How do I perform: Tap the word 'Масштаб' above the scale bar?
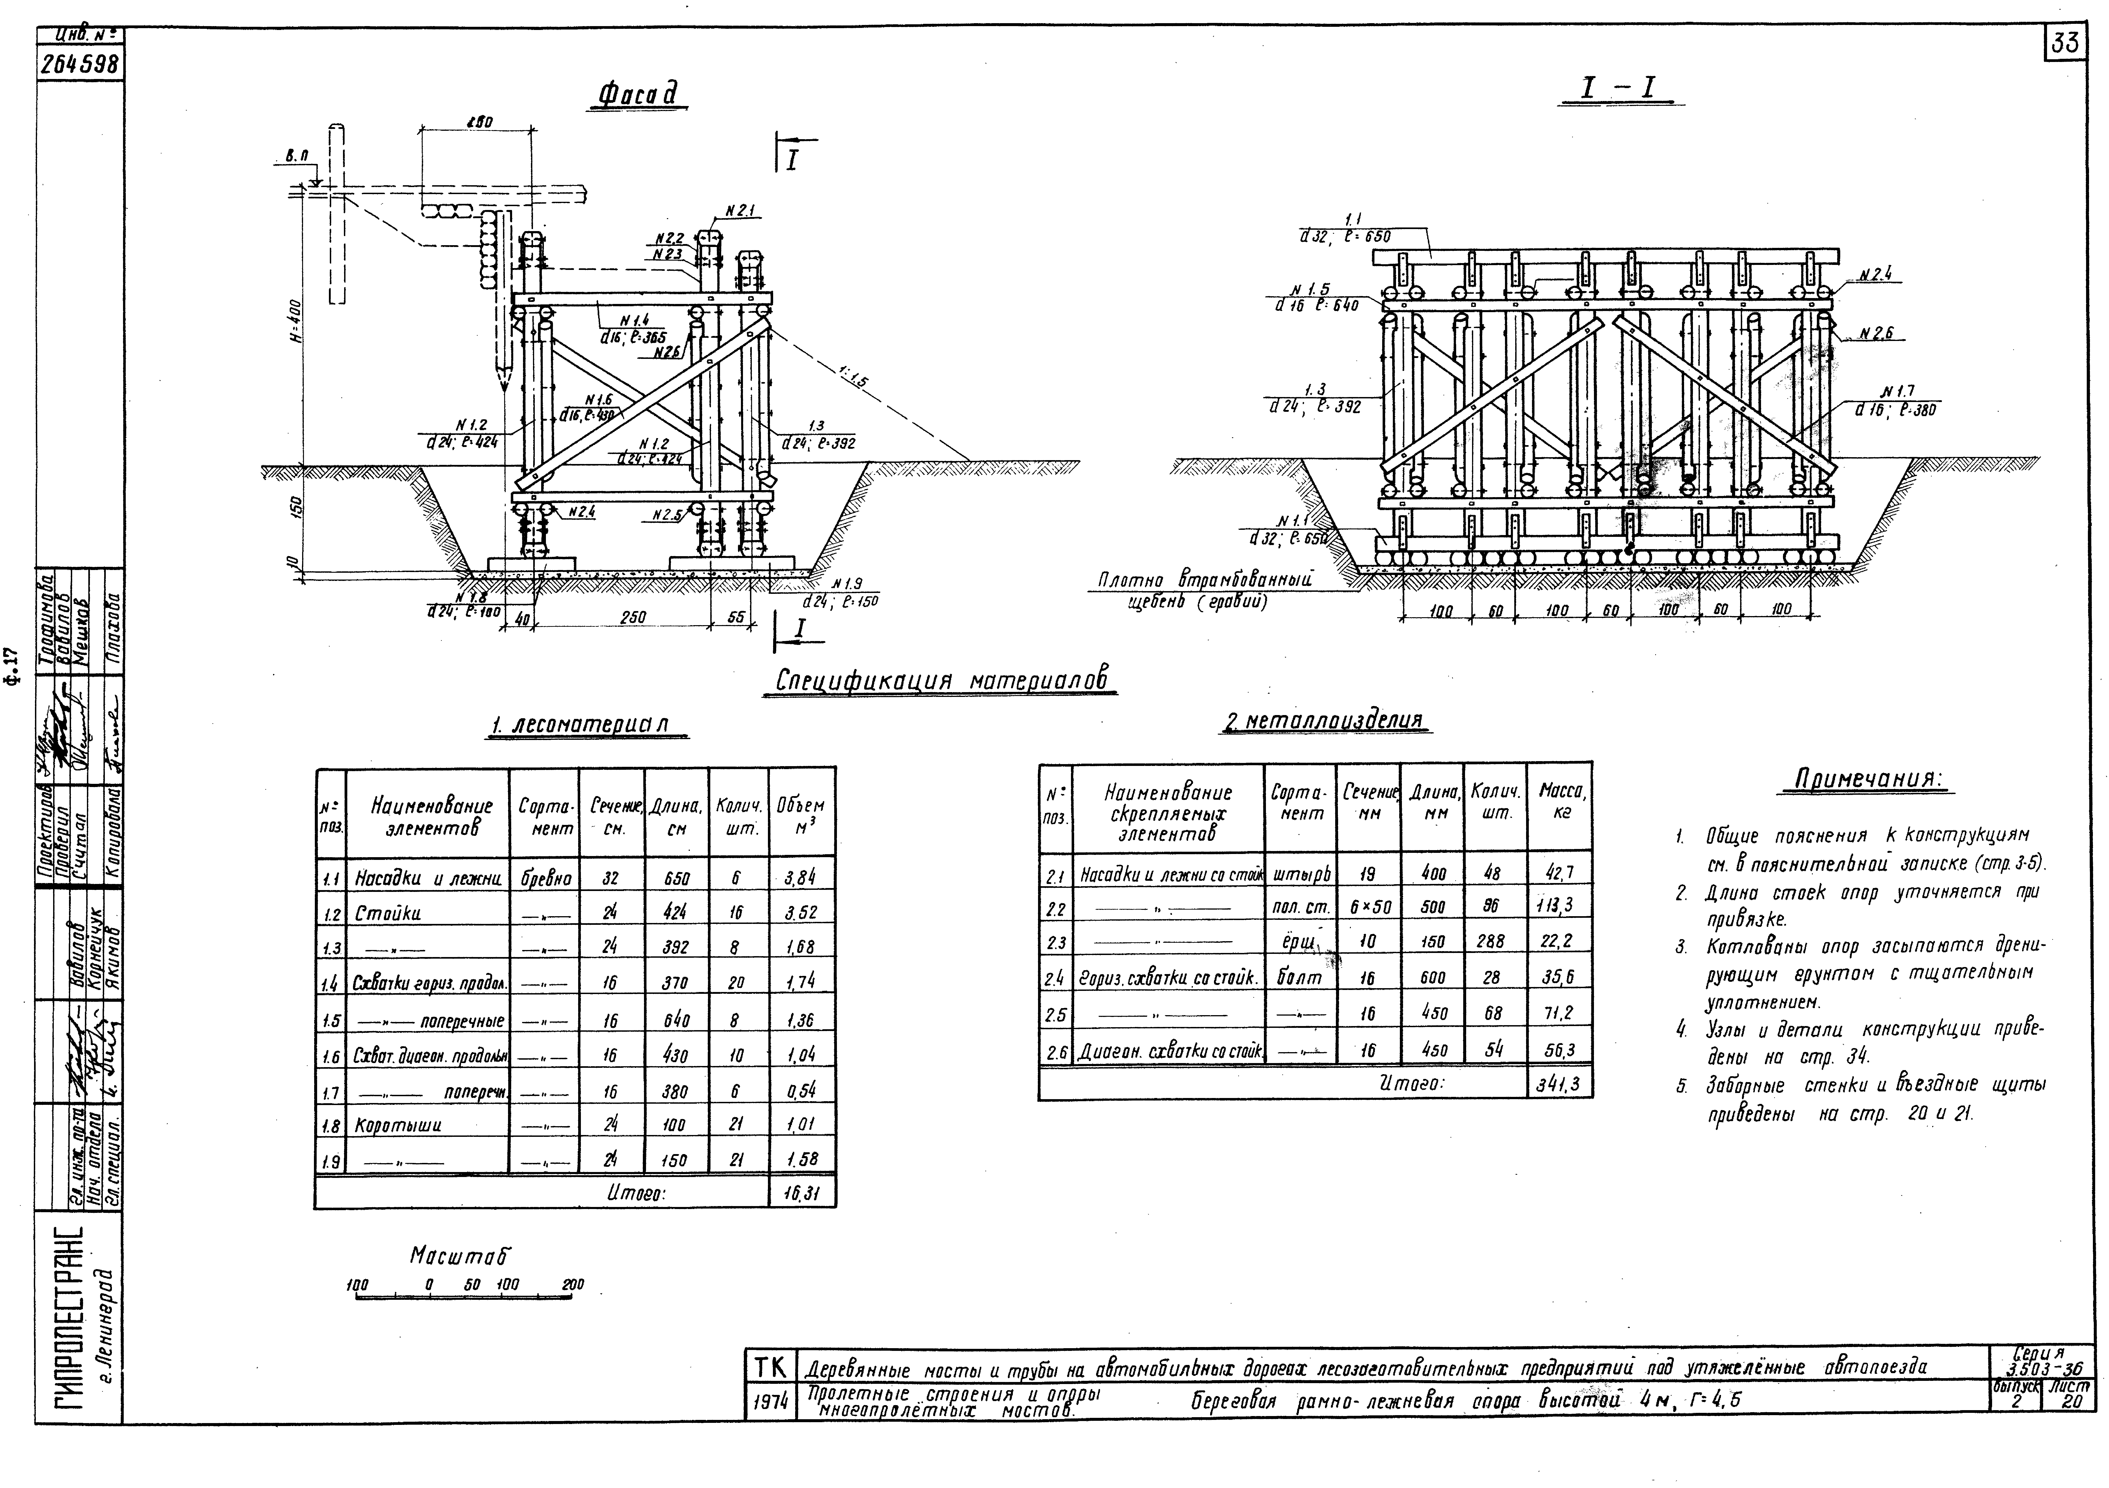(x=459, y=1255)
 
